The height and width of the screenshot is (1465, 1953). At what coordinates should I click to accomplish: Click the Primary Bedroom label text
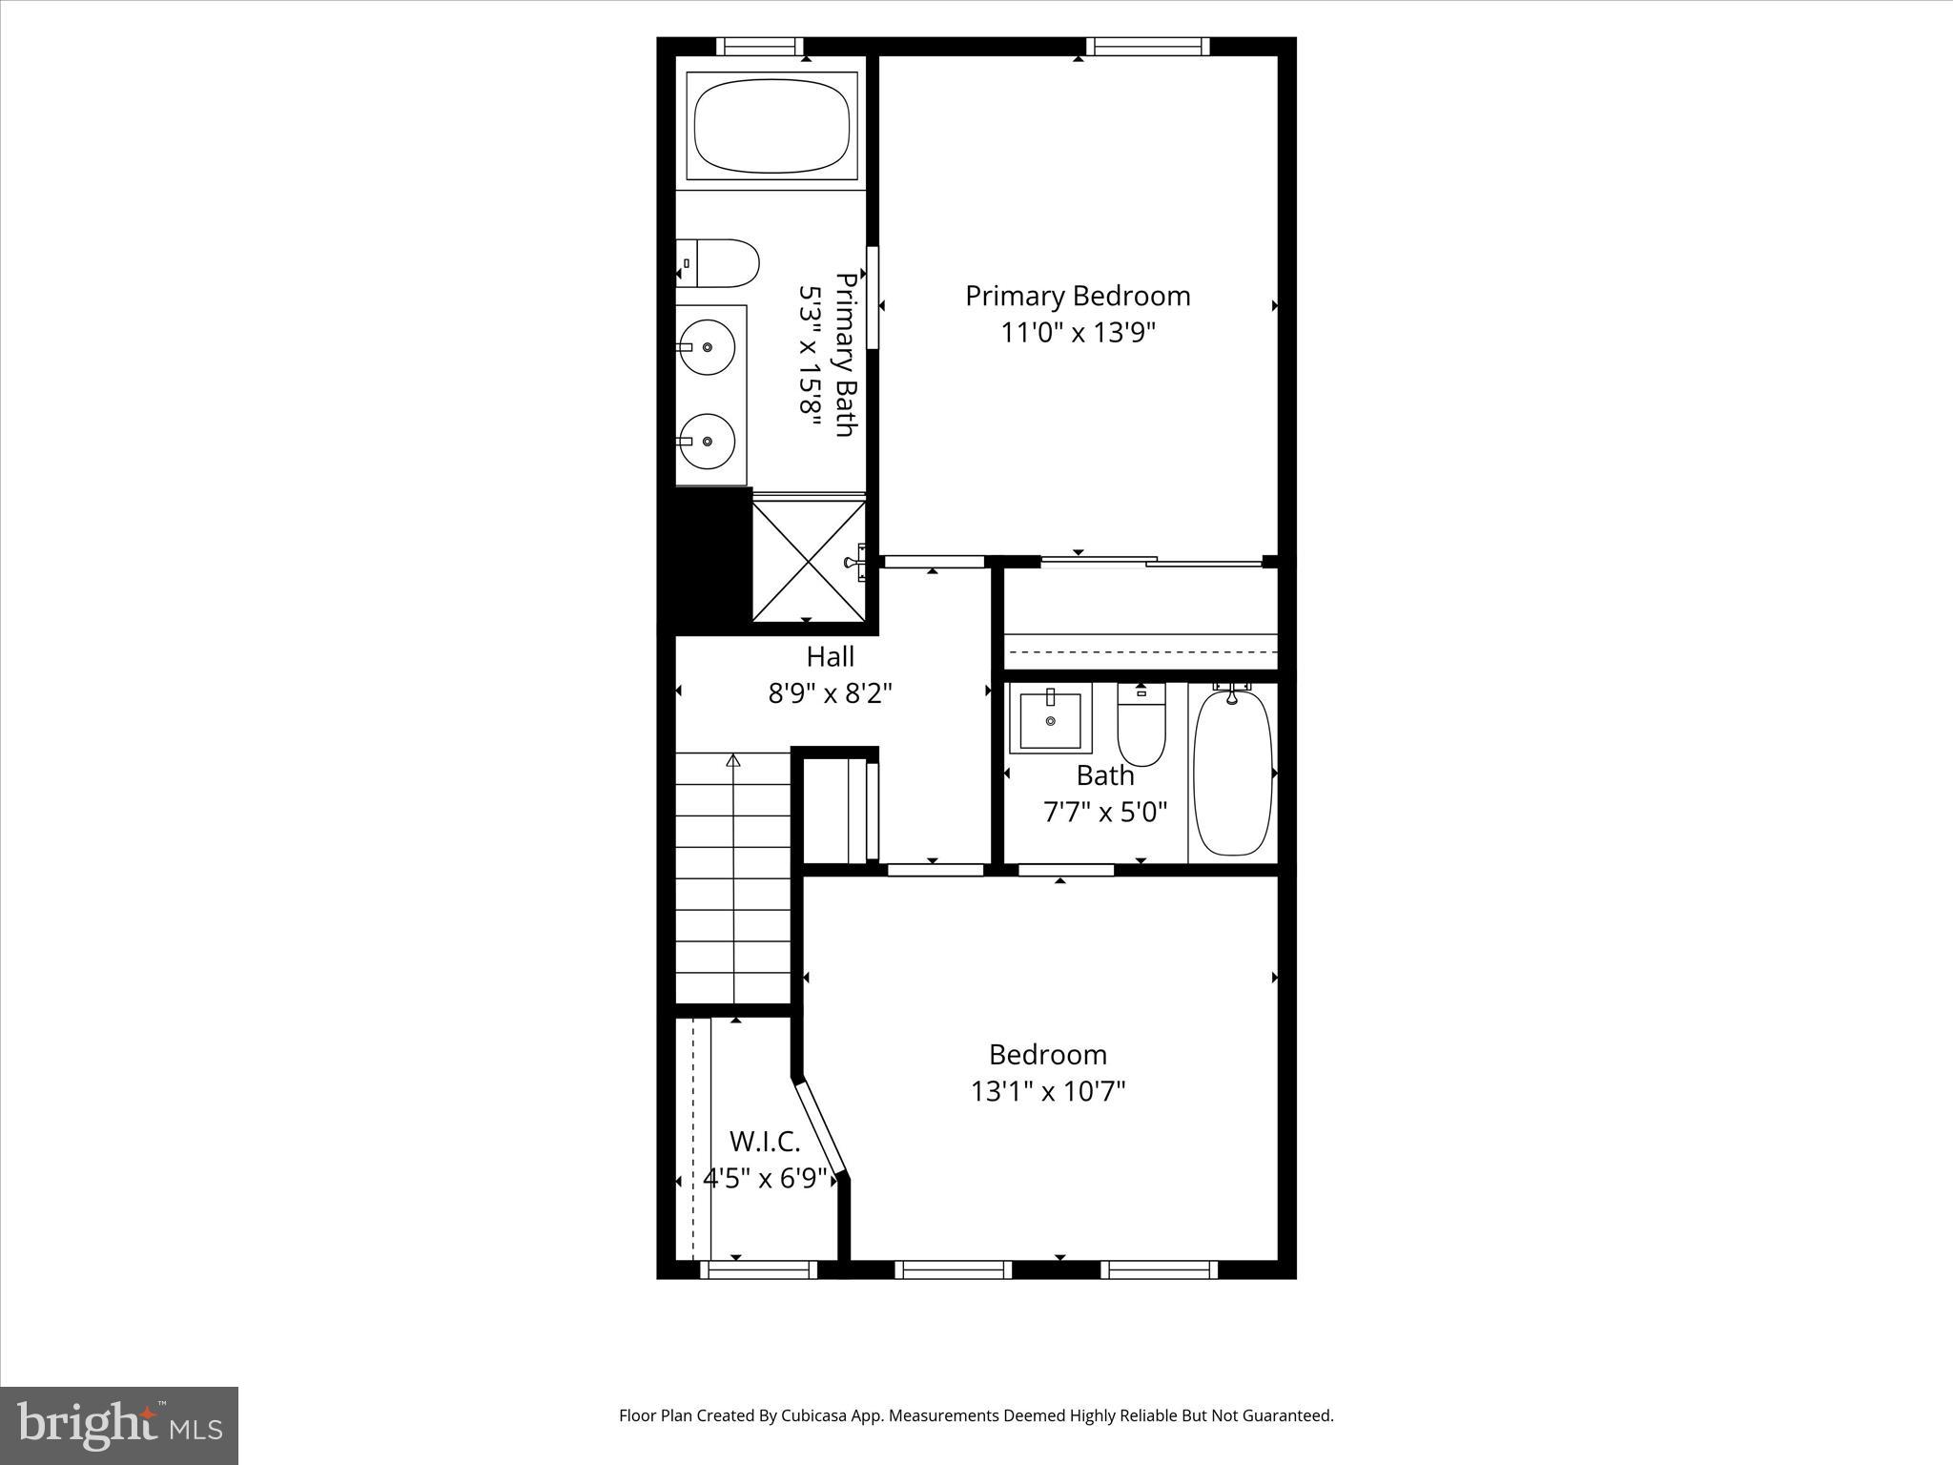[1078, 296]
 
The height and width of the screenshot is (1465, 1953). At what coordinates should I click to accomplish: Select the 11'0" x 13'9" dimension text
[1078, 333]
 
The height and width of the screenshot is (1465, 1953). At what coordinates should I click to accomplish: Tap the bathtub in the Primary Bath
[771, 125]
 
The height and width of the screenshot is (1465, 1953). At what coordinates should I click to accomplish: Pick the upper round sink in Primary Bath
[708, 347]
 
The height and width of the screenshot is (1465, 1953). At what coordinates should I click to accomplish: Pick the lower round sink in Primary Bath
[708, 441]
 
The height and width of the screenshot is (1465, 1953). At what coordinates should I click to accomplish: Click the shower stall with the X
[809, 562]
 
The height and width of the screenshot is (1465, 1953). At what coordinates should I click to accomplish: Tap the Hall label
[830, 656]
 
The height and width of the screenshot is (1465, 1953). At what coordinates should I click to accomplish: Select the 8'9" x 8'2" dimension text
[830, 693]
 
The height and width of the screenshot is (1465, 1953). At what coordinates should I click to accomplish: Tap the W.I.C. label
[765, 1141]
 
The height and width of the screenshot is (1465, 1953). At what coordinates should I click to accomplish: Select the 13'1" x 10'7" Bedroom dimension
[1048, 1091]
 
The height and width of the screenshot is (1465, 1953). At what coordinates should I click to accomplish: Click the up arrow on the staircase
[733, 761]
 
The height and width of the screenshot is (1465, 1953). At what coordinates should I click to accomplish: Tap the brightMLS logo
[119, 1425]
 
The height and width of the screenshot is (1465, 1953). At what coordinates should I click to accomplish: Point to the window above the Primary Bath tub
[760, 47]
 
